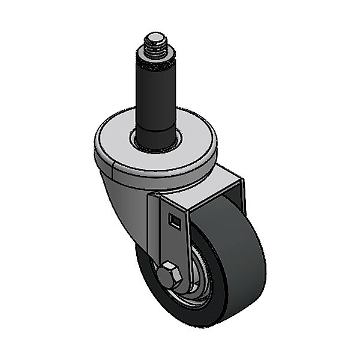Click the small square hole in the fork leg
(x=175, y=221)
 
